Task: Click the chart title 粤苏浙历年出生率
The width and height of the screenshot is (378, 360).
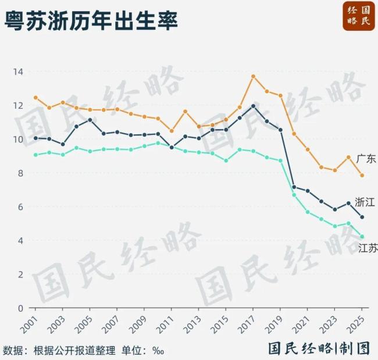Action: point(91,22)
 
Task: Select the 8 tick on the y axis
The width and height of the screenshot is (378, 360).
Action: point(20,173)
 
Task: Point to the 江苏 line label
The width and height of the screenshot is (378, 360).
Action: point(368,248)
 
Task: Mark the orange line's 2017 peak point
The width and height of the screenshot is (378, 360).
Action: point(254,76)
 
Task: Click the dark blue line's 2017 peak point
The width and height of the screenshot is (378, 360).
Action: point(254,106)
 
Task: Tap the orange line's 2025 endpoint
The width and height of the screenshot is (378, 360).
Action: point(362,175)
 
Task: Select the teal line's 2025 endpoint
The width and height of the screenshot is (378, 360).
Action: point(362,237)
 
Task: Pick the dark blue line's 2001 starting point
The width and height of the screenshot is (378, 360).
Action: point(35,138)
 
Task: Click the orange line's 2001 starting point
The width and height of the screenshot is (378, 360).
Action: point(35,98)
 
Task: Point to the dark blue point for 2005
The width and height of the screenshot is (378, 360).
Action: point(90,120)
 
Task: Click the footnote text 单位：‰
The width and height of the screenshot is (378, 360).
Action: point(142,351)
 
